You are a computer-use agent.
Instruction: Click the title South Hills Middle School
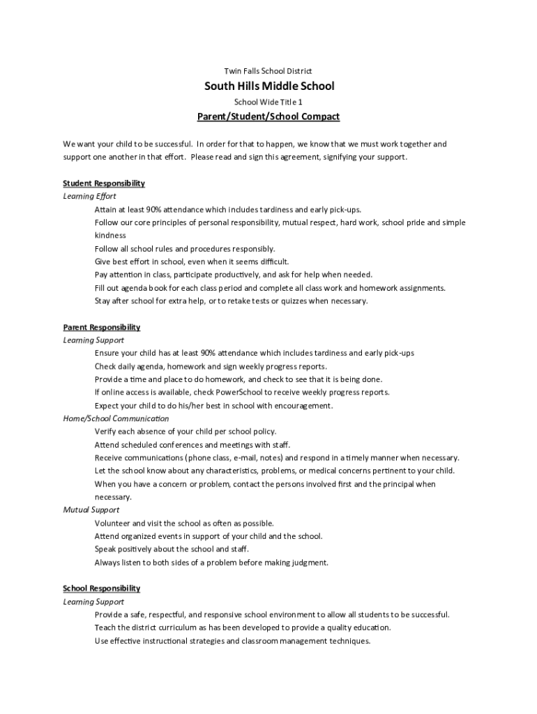269,86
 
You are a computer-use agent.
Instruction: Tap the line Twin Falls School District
268,71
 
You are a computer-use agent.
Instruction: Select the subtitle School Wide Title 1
268,102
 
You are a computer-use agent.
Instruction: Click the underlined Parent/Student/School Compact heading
268,116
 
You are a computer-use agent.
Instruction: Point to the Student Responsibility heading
104,183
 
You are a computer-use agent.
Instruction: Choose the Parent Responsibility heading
102,327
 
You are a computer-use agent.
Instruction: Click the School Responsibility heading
102,588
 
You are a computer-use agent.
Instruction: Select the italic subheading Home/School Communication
116,418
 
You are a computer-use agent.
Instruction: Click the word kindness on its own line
110,236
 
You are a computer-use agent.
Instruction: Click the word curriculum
177,628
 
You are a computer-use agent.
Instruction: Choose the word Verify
105,432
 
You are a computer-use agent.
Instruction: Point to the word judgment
309,563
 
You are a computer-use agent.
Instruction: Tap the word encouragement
307,406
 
